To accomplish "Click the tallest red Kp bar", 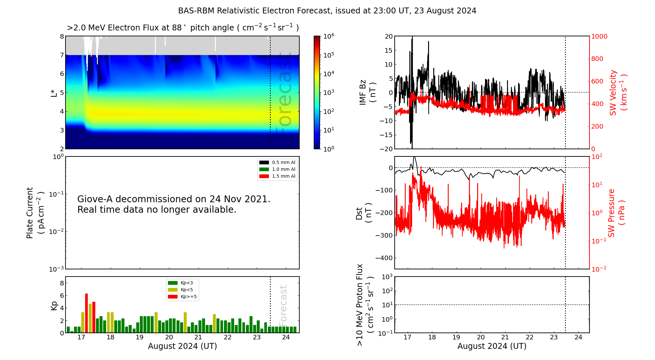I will coord(86,313).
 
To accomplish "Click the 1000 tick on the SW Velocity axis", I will coord(599,37).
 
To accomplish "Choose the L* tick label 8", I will coord(62,37).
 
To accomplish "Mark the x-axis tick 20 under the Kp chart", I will coord(169,337).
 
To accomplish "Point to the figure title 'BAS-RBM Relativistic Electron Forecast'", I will coord(254,11).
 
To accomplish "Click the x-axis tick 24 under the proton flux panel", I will coord(578,337).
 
